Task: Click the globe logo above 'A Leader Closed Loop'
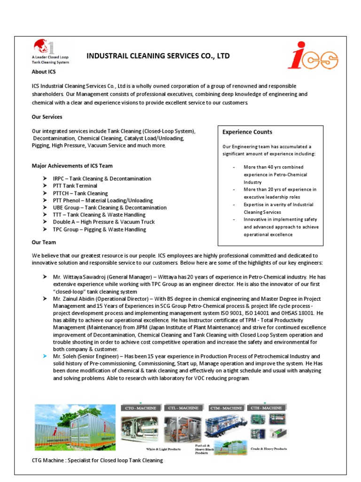pyautogui.click(x=43, y=47)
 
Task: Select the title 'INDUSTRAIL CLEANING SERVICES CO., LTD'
pyautogui.click(x=158, y=56)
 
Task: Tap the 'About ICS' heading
pyautogui.click(x=44, y=72)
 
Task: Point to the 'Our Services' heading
pyautogui.click(x=47, y=117)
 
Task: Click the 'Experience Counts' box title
pyautogui.click(x=247, y=132)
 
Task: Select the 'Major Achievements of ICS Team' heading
pyautogui.click(x=72, y=166)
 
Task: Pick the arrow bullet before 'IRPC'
pyautogui.click(x=43, y=178)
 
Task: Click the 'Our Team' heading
pyautogui.click(x=44, y=242)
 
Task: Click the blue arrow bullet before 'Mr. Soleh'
pyautogui.click(x=43, y=356)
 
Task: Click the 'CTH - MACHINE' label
pyautogui.click(x=267, y=408)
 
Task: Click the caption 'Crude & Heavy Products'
pyautogui.click(x=268, y=449)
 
